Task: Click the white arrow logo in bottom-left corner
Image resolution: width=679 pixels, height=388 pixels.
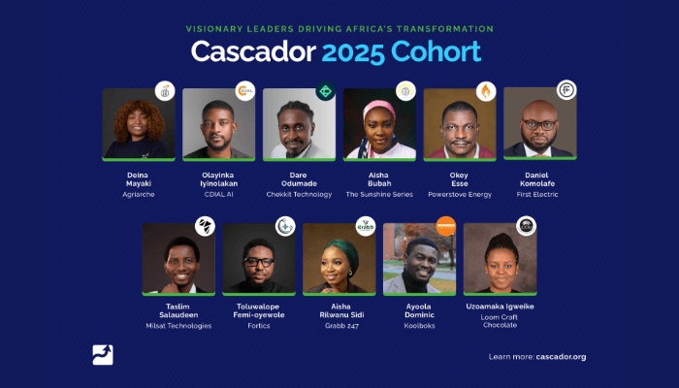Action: [103, 355]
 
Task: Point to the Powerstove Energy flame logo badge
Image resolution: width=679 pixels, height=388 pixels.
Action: [485, 92]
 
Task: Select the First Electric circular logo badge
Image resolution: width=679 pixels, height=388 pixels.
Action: [566, 91]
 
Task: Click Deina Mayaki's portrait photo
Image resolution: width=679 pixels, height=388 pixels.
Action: [139, 124]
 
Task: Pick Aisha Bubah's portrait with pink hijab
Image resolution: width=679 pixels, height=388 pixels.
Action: [379, 124]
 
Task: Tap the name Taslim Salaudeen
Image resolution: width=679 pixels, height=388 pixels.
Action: [178, 311]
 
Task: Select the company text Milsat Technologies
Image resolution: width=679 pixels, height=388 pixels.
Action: [178, 326]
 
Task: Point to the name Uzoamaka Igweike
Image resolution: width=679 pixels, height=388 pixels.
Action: [500, 306]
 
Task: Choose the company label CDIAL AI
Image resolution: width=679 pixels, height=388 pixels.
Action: [218, 194]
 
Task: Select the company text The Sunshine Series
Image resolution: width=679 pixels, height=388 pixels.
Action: [379, 194]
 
